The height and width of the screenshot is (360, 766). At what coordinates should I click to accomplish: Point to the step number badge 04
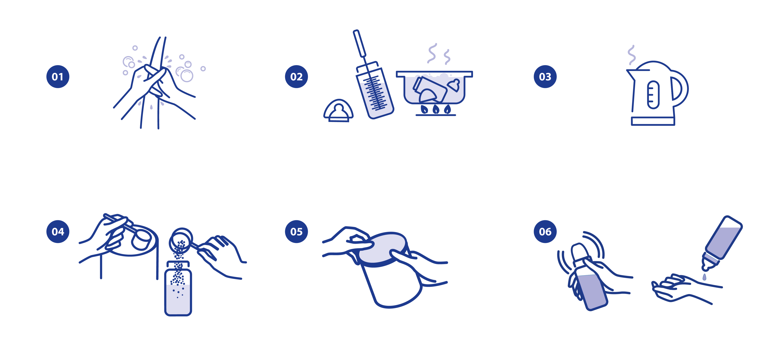coord(58,232)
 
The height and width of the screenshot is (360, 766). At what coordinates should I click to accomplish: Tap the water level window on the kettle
coord(653,95)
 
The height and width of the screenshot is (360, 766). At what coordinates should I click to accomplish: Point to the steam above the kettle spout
coord(631,55)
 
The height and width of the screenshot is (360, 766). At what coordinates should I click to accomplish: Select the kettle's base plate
coord(653,121)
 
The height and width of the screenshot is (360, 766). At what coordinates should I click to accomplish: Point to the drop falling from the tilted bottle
coord(704,277)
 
